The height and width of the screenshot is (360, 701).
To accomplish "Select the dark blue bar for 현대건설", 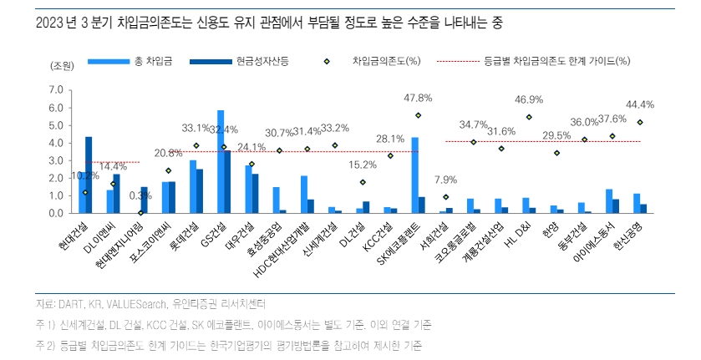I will [89, 175].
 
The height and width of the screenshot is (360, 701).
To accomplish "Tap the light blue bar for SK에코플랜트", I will [415, 175].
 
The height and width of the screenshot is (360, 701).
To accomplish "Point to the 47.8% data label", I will [418, 98].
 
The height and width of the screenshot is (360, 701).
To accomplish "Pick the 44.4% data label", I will [639, 104].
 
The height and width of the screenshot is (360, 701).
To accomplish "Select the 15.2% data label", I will [362, 165].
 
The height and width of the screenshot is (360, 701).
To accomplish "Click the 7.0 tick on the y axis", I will [57, 89].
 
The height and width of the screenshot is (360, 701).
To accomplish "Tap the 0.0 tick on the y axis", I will [57, 213].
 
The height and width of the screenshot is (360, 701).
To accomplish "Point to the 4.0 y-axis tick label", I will [57, 143].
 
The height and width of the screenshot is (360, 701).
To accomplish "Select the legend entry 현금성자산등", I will [260, 61].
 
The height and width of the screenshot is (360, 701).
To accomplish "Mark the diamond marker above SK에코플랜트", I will [418, 115].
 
